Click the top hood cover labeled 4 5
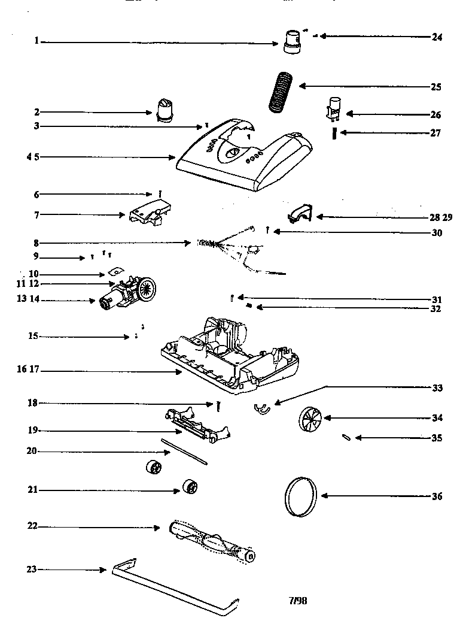click(x=239, y=156)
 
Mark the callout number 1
click(x=36, y=41)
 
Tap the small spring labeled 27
click(x=334, y=133)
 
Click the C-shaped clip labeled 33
click(x=261, y=408)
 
